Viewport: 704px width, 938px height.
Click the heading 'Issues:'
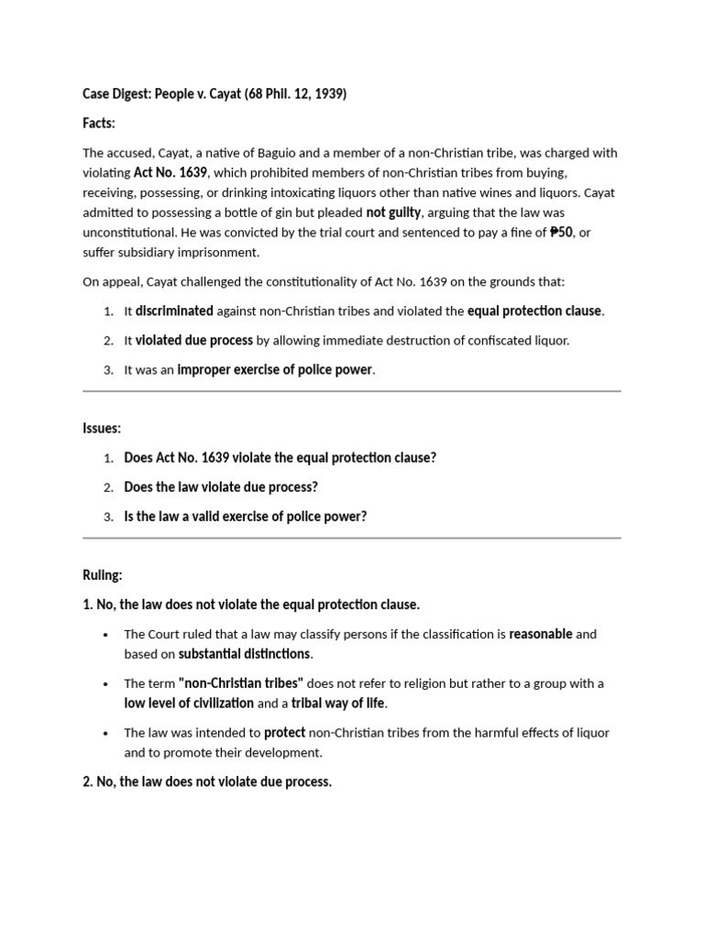102,428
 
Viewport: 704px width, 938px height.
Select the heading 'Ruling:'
102,575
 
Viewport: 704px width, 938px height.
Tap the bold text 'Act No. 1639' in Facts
170,172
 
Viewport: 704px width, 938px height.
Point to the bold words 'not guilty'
394,213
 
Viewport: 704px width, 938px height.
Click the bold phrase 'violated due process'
194,340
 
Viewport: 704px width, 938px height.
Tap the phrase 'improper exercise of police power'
275,369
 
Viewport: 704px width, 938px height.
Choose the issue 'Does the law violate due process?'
221,486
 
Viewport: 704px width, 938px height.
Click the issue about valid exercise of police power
245,516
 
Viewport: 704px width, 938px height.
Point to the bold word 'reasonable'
541,634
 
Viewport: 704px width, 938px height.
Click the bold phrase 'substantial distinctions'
245,654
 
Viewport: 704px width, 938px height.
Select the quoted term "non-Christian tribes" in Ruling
241,683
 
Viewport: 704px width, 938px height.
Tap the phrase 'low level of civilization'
189,703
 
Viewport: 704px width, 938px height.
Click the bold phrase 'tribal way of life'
338,703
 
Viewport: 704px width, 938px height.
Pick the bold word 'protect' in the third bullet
285,733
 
